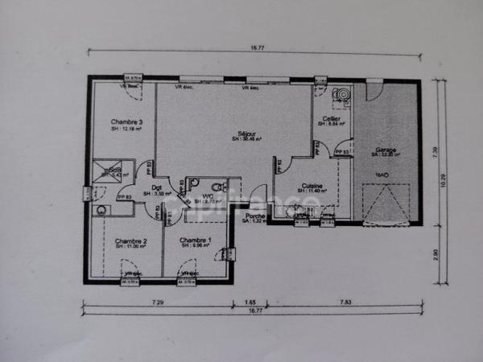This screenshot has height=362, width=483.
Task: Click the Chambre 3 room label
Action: [x=126, y=122]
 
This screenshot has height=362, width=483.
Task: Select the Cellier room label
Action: [x=331, y=118]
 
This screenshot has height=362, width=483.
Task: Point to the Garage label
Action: [x=385, y=150]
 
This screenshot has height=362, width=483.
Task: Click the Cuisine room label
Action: [x=312, y=186]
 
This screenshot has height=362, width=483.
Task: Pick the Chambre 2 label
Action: [x=130, y=241]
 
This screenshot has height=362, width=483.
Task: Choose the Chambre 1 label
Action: [x=195, y=240]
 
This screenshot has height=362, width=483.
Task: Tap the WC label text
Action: [x=208, y=196]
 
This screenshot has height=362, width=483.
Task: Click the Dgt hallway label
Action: [x=156, y=188]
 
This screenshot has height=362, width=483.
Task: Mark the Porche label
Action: [x=255, y=216]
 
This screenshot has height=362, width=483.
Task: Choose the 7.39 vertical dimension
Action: [x=436, y=150]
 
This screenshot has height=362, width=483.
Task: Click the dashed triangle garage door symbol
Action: [x=386, y=202]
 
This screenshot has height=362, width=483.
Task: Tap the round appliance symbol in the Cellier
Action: [x=341, y=96]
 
